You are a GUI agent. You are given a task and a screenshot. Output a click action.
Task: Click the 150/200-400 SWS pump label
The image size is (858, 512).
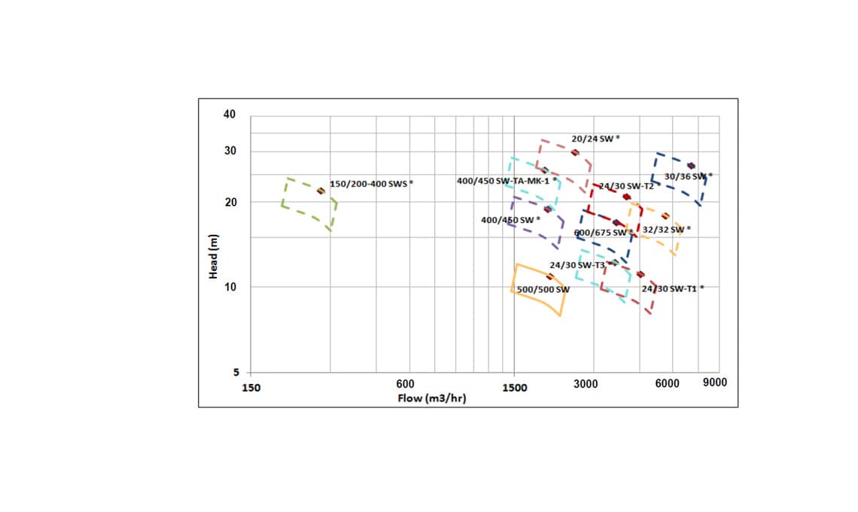pyautogui.click(x=371, y=184)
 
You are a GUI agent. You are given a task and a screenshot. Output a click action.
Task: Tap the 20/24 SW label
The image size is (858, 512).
pyautogui.click(x=595, y=139)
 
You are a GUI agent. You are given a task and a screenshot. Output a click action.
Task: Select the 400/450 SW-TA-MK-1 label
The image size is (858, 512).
pyautogui.click(x=507, y=181)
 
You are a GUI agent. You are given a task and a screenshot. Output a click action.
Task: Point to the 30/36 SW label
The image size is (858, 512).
pyautogui.click(x=687, y=176)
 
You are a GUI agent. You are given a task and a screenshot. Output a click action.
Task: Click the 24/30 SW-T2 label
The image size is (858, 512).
pyautogui.click(x=626, y=186)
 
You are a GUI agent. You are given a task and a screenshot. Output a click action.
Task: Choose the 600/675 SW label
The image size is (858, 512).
pyautogui.click(x=603, y=233)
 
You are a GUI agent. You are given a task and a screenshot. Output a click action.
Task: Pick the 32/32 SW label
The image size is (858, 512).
pyautogui.click(x=666, y=230)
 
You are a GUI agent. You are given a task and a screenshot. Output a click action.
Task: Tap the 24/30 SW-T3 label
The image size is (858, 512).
pyautogui.click(x=577, y=265)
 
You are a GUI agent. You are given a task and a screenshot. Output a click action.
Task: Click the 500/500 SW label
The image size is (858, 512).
pyautogui.click(x=543, y=290)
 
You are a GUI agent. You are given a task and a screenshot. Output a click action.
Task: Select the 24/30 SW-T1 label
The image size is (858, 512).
pyautogui.click(x=672, y=288)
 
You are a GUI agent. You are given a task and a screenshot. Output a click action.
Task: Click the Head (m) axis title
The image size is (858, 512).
pyautogui.click(x=213, y=257)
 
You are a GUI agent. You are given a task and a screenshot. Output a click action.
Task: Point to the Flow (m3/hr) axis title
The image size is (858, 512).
pyautogui.click(x=431, y=398)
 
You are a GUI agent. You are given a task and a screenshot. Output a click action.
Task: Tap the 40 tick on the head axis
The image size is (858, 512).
pyautogui.click(x=229, y=114)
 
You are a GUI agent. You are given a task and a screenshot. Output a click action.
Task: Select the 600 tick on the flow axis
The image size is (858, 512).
pyautogui.click(x=406, y=385)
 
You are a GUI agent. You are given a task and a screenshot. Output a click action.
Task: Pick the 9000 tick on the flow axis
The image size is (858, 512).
pyautogui.click(x=714, y=383)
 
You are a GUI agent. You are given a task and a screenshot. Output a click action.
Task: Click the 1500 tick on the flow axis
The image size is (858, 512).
pyautogui.click(x=515, y=388)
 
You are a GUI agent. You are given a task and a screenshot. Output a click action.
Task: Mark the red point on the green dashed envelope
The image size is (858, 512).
pyautogui.click(x=321, y=191)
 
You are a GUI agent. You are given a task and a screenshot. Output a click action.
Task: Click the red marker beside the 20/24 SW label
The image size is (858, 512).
pyautogui.click(x=575, y=152)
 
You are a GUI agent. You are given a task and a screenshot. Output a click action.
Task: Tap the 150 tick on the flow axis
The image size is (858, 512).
pyautogui.click(x=251, y=388)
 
